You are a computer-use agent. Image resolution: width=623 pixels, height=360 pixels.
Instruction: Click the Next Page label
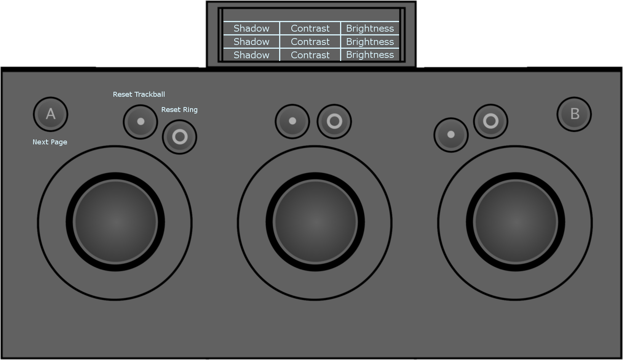click(x=50, y=142)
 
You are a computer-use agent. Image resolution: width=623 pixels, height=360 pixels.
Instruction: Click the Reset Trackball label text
click(x=139, y=94)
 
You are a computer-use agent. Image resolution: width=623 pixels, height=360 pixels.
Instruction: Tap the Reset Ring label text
click(x=179, y=110)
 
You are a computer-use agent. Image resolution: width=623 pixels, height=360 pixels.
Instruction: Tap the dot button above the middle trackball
click(x=292, y=121)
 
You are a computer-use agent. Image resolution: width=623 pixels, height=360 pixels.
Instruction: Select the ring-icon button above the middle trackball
click(x=334, y=121)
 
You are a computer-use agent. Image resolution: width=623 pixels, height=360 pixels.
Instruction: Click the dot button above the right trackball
click(x=451, y=135)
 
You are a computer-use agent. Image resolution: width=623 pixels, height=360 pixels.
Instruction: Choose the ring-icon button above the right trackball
click(x=490, y=121)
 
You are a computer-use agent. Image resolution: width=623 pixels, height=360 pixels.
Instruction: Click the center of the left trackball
click(x=115, y=222)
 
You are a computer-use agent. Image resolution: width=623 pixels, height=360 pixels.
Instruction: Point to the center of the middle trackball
click(x=315, y=222)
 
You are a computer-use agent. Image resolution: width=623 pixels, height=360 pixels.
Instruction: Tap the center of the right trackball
click(x=515, y=222)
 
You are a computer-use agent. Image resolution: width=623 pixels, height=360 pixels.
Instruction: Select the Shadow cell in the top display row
click(x=251, y=28)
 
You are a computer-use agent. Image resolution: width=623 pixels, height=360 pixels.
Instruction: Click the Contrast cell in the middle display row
click(x=310, y=42)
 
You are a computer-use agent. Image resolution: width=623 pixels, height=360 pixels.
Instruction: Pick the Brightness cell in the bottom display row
click(x=370, y=55)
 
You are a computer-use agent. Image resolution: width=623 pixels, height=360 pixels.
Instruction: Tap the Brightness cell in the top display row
click(x=370, y=28)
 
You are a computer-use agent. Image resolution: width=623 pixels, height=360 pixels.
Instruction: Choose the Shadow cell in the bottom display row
click(x=251, y=55)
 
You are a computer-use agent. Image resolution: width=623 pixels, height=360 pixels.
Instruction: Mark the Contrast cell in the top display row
click(x=310, y=28)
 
